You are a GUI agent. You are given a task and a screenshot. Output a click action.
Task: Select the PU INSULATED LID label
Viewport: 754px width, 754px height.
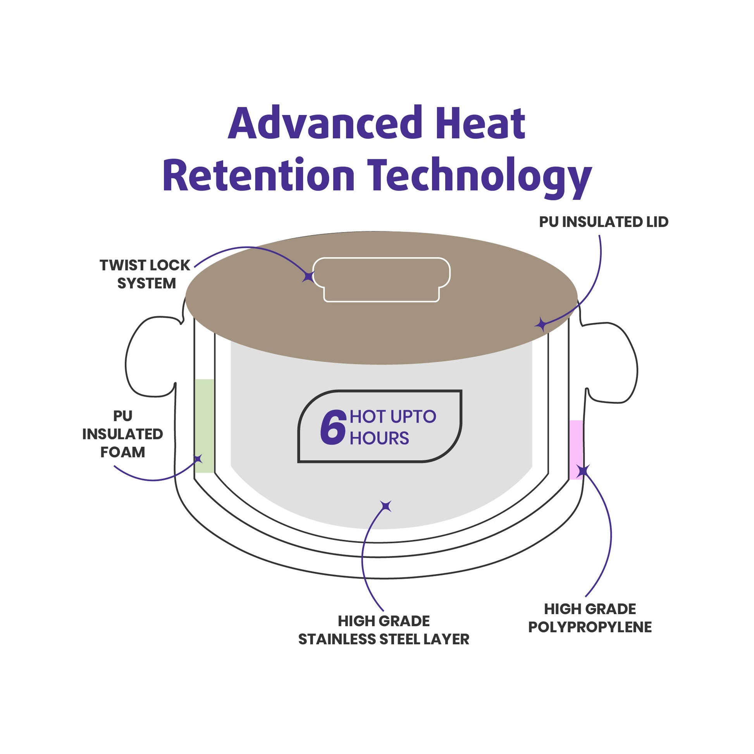[603, 222]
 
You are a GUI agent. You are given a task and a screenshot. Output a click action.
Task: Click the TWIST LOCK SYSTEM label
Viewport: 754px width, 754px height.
[145, 274]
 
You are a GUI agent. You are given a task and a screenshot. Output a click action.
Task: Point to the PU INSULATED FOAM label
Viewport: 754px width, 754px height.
[122, 434]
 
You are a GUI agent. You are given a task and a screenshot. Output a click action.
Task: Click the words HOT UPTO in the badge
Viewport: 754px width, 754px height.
[392, 417]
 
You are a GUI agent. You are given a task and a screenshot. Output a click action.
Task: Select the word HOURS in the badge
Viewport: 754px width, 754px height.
[379, 438]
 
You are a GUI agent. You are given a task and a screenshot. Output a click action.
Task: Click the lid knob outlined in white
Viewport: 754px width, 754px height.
[381, 279]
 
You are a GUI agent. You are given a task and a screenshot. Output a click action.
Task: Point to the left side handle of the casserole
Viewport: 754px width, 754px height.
[150, 357]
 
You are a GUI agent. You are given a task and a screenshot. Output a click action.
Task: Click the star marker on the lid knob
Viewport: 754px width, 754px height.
[308, 277]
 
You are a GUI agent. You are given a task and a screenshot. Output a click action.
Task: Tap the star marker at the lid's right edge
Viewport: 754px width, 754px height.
[541, 324]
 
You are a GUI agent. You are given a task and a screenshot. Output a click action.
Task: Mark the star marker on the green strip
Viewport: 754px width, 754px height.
[199, 459]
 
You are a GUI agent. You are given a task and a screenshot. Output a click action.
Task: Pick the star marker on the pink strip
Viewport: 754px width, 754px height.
[583, 471]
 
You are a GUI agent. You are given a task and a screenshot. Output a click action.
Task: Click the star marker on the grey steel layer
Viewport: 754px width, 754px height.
[386, 506]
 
